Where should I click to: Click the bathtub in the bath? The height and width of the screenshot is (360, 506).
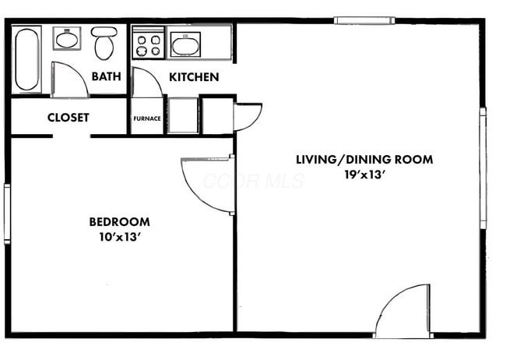pos(26,59)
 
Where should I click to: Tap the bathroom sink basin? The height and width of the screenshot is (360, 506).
pos(67,39)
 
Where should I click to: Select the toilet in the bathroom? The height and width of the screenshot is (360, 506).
pos(104,43)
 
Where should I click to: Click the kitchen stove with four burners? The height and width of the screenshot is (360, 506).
pos(149,42)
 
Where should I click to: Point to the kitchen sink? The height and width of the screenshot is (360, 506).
pos(185,44)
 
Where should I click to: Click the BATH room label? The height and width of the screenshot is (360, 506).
pos(106,76)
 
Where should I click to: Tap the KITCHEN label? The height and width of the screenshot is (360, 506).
pos(194,77)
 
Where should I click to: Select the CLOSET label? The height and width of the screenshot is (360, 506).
pos(68,118)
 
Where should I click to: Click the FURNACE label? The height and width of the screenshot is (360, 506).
pos(147,118)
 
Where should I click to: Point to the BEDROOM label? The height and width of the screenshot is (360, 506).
pos(119,222)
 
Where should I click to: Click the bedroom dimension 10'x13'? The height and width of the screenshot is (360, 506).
pos(119,237)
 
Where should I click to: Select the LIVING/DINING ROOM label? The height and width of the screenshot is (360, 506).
pos(364,160)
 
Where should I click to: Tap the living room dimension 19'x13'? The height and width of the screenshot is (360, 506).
pos(364,175)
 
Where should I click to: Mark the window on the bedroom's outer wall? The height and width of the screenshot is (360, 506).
pos(7,214)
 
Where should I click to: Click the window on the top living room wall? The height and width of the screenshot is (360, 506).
pos(364,21)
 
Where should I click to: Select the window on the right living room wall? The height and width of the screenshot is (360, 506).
pos(483,168)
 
